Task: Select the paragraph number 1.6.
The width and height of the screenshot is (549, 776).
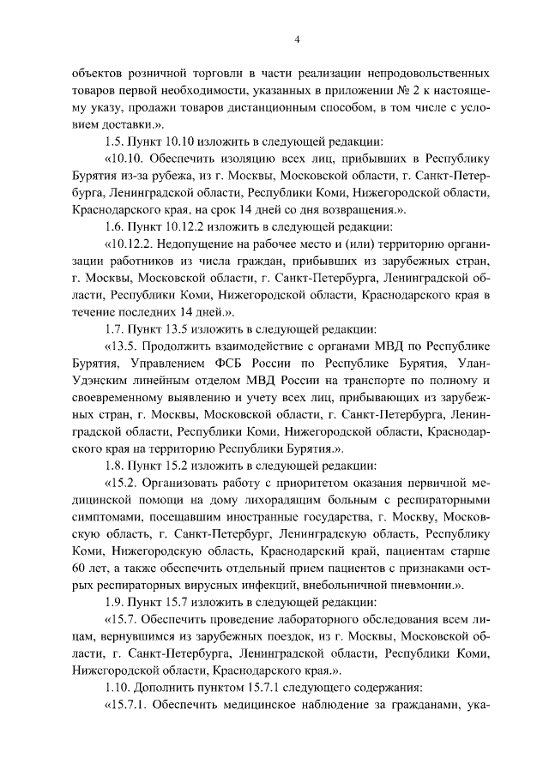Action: point(114,227)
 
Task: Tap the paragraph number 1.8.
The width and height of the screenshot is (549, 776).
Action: point(114,466)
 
